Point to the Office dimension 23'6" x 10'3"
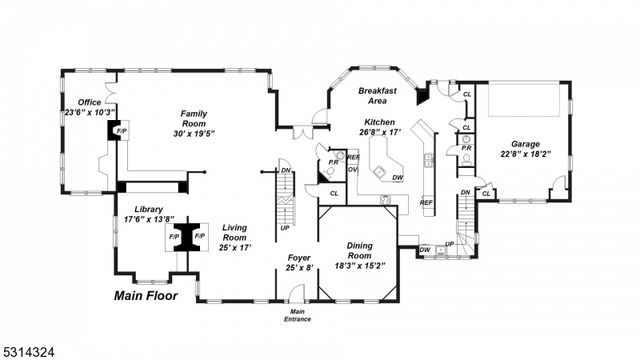[90, 112]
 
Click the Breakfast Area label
[378, 95]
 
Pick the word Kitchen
[380, 121]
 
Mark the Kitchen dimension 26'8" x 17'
[380, 131]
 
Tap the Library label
[148, 209]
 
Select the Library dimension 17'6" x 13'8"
[148, 219]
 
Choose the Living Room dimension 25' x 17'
[235, 246]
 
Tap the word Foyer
[299, 257]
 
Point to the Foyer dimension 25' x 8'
[299, 267]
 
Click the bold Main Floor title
[146, 295]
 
